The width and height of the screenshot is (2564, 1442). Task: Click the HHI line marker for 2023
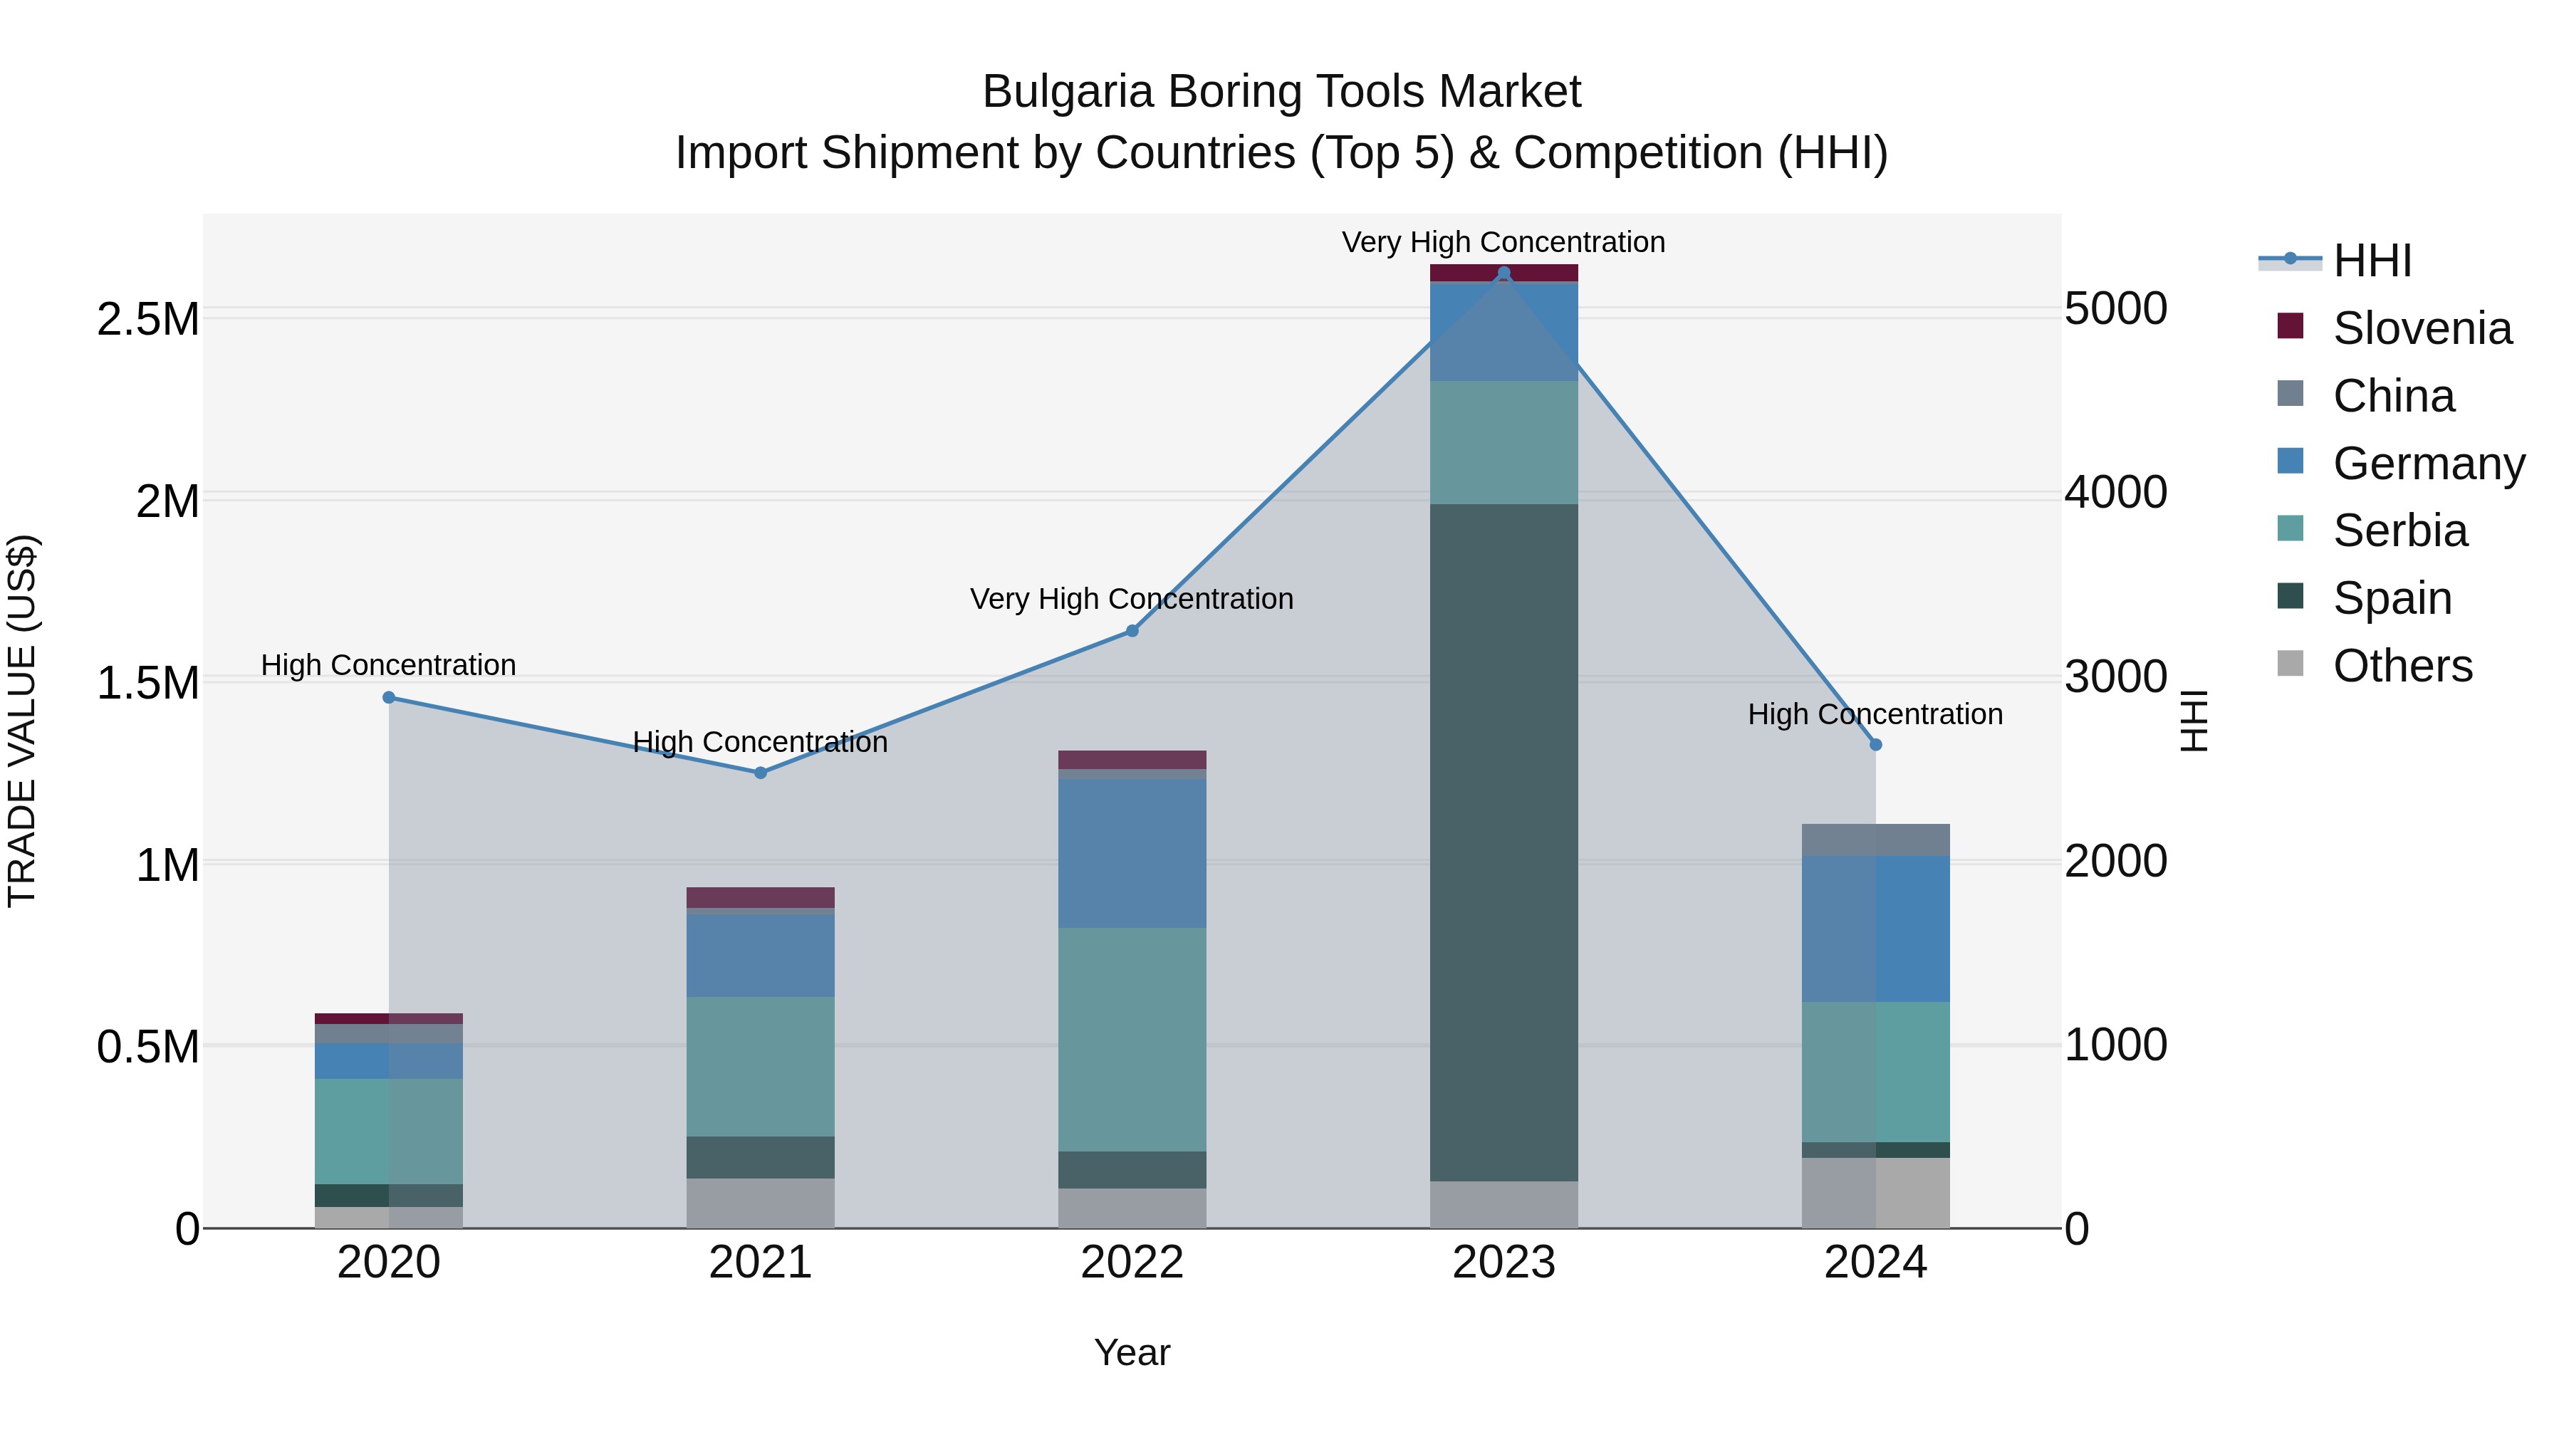(1503, 273)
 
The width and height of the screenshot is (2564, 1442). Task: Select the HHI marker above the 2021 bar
(761, 772)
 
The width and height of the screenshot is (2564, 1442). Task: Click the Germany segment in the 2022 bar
(1132, 853)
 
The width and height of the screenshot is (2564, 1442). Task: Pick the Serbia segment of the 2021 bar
(761, 1066)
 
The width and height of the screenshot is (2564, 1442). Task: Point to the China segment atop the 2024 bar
(1875, 840)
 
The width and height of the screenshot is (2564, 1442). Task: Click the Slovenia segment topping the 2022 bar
(1132, 759)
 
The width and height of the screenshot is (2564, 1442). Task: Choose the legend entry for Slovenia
(2421, 328)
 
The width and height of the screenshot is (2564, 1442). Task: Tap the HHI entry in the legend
(2371, 261)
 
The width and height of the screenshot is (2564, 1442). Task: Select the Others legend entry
(2402, 666)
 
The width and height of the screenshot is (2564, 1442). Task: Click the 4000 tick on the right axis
(2115, 491)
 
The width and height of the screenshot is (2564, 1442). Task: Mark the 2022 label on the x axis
(1132, 1262)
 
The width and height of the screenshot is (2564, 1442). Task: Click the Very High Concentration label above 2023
(1503, 242)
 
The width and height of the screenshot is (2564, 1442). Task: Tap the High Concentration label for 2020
(388, 665)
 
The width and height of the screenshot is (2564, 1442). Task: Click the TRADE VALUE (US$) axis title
(22, 721)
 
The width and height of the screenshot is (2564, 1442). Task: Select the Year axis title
(1132, 1352)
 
